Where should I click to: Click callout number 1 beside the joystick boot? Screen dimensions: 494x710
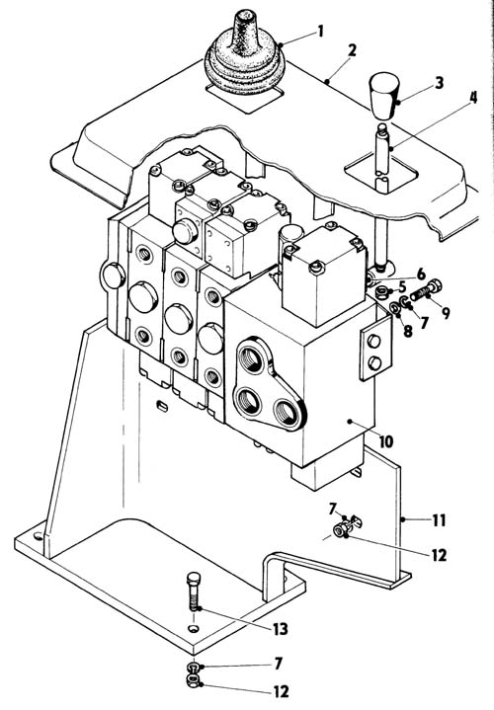(321, 32)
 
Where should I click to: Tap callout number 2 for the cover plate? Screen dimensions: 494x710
(352, 50)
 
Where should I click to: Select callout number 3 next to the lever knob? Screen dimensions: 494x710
(439, 83)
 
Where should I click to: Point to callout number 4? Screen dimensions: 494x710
(473, 98)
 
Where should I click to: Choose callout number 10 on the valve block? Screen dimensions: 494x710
(386, 441)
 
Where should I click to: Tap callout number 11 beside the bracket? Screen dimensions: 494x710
(439, 520)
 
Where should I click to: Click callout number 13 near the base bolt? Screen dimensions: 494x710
(280, 628)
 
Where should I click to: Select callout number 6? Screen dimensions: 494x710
(421, 274)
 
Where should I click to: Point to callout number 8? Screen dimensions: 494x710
(407, 331)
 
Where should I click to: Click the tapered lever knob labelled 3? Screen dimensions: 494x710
(384, 96)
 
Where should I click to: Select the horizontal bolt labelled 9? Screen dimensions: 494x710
(426, 290)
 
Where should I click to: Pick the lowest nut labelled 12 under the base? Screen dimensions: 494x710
(194, 680)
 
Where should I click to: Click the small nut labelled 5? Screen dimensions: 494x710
(382, 292)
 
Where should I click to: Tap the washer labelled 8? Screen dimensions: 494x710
(394, 308)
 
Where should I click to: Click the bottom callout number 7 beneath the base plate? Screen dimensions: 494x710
(278, 664)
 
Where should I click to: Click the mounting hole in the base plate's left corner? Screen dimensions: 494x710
(39, 536)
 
